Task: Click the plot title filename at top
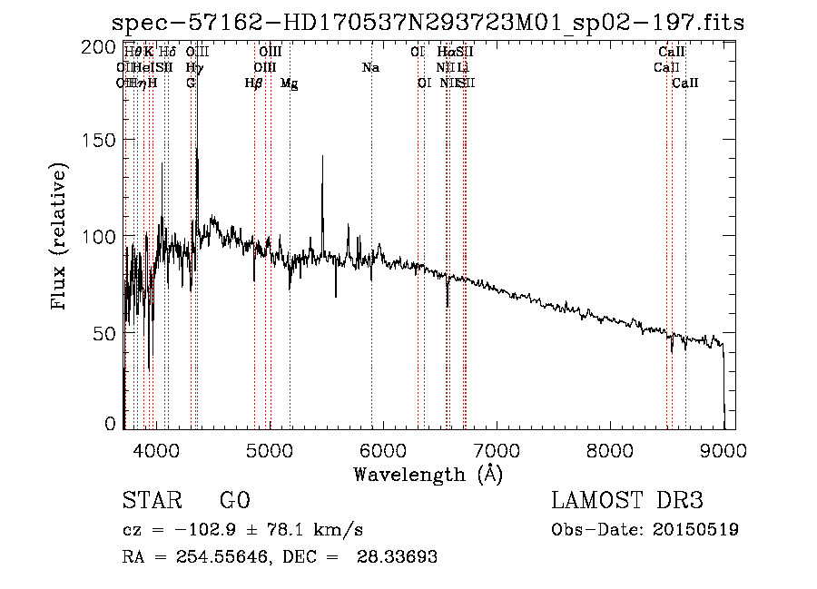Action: point(428,23)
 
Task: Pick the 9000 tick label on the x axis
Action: point(723,448)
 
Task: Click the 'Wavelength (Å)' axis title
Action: point(428,474)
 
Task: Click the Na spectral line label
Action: point(370,68)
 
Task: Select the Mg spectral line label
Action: point(289,83)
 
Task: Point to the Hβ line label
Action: point(253,83)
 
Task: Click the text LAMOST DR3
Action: point(627,501)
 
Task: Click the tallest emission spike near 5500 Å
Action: point(322,156)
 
